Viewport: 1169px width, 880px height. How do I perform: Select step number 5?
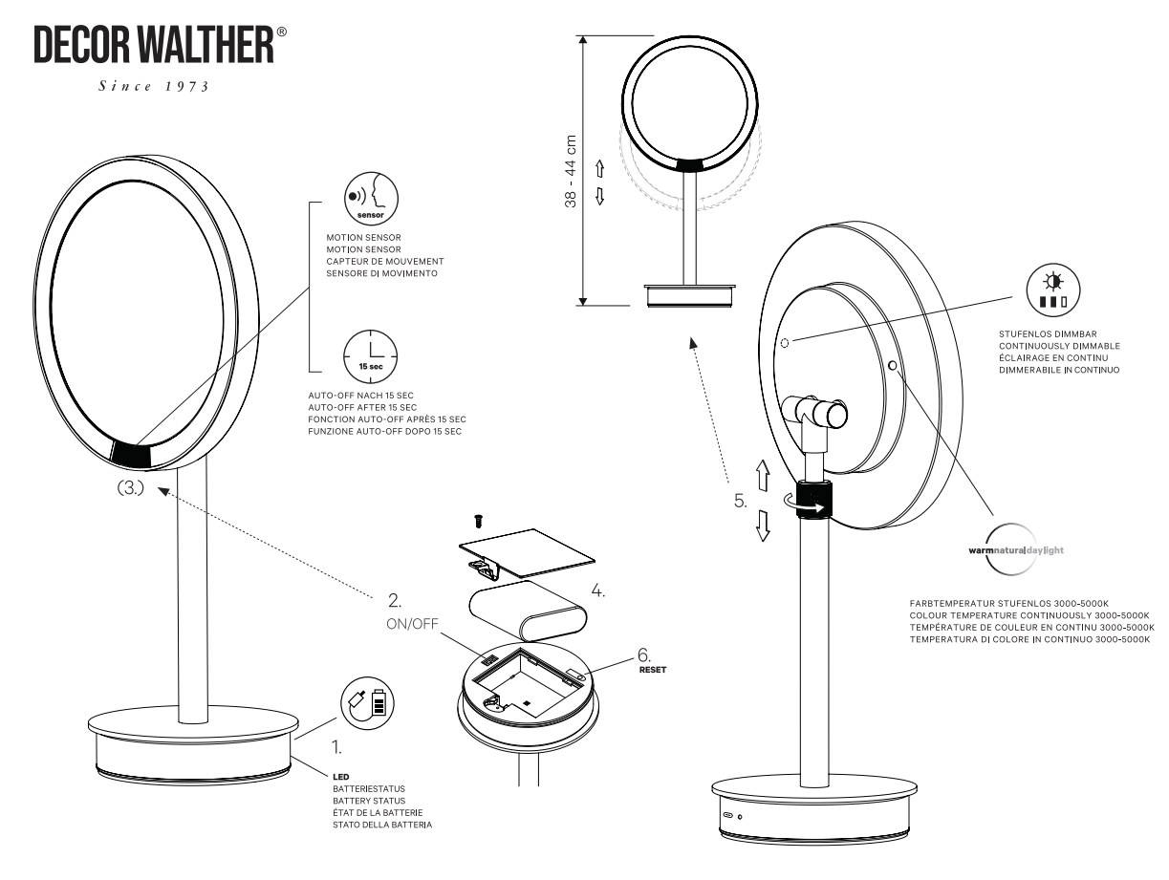click(741, 500)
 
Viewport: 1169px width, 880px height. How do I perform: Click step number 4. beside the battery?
click(597, 590)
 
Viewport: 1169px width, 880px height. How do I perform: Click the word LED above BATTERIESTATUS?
click(341, 779)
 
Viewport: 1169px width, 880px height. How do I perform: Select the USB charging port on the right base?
click(729, 817)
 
